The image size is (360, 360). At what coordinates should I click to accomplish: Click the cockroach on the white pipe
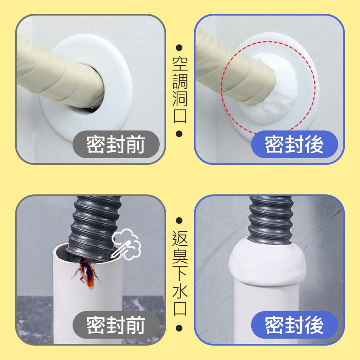click(87, 273)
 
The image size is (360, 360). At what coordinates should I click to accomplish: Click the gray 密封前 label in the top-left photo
click(116, 144)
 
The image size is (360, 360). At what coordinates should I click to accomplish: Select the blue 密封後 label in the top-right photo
click(294, 144)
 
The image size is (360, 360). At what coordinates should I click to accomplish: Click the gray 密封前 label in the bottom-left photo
click(116, 325)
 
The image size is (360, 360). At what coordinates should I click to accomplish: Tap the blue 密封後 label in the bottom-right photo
click(294, 325)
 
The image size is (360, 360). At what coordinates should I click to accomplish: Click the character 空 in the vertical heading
click(180, 64)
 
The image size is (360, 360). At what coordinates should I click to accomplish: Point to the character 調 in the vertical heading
click(180, 81)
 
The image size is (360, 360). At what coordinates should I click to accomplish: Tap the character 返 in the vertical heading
click(180, 238)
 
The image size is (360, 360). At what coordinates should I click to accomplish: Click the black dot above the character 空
click(179, 48)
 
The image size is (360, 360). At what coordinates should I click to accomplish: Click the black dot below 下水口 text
click(179, 328)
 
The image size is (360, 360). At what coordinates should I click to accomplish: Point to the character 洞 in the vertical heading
click(180, 99)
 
